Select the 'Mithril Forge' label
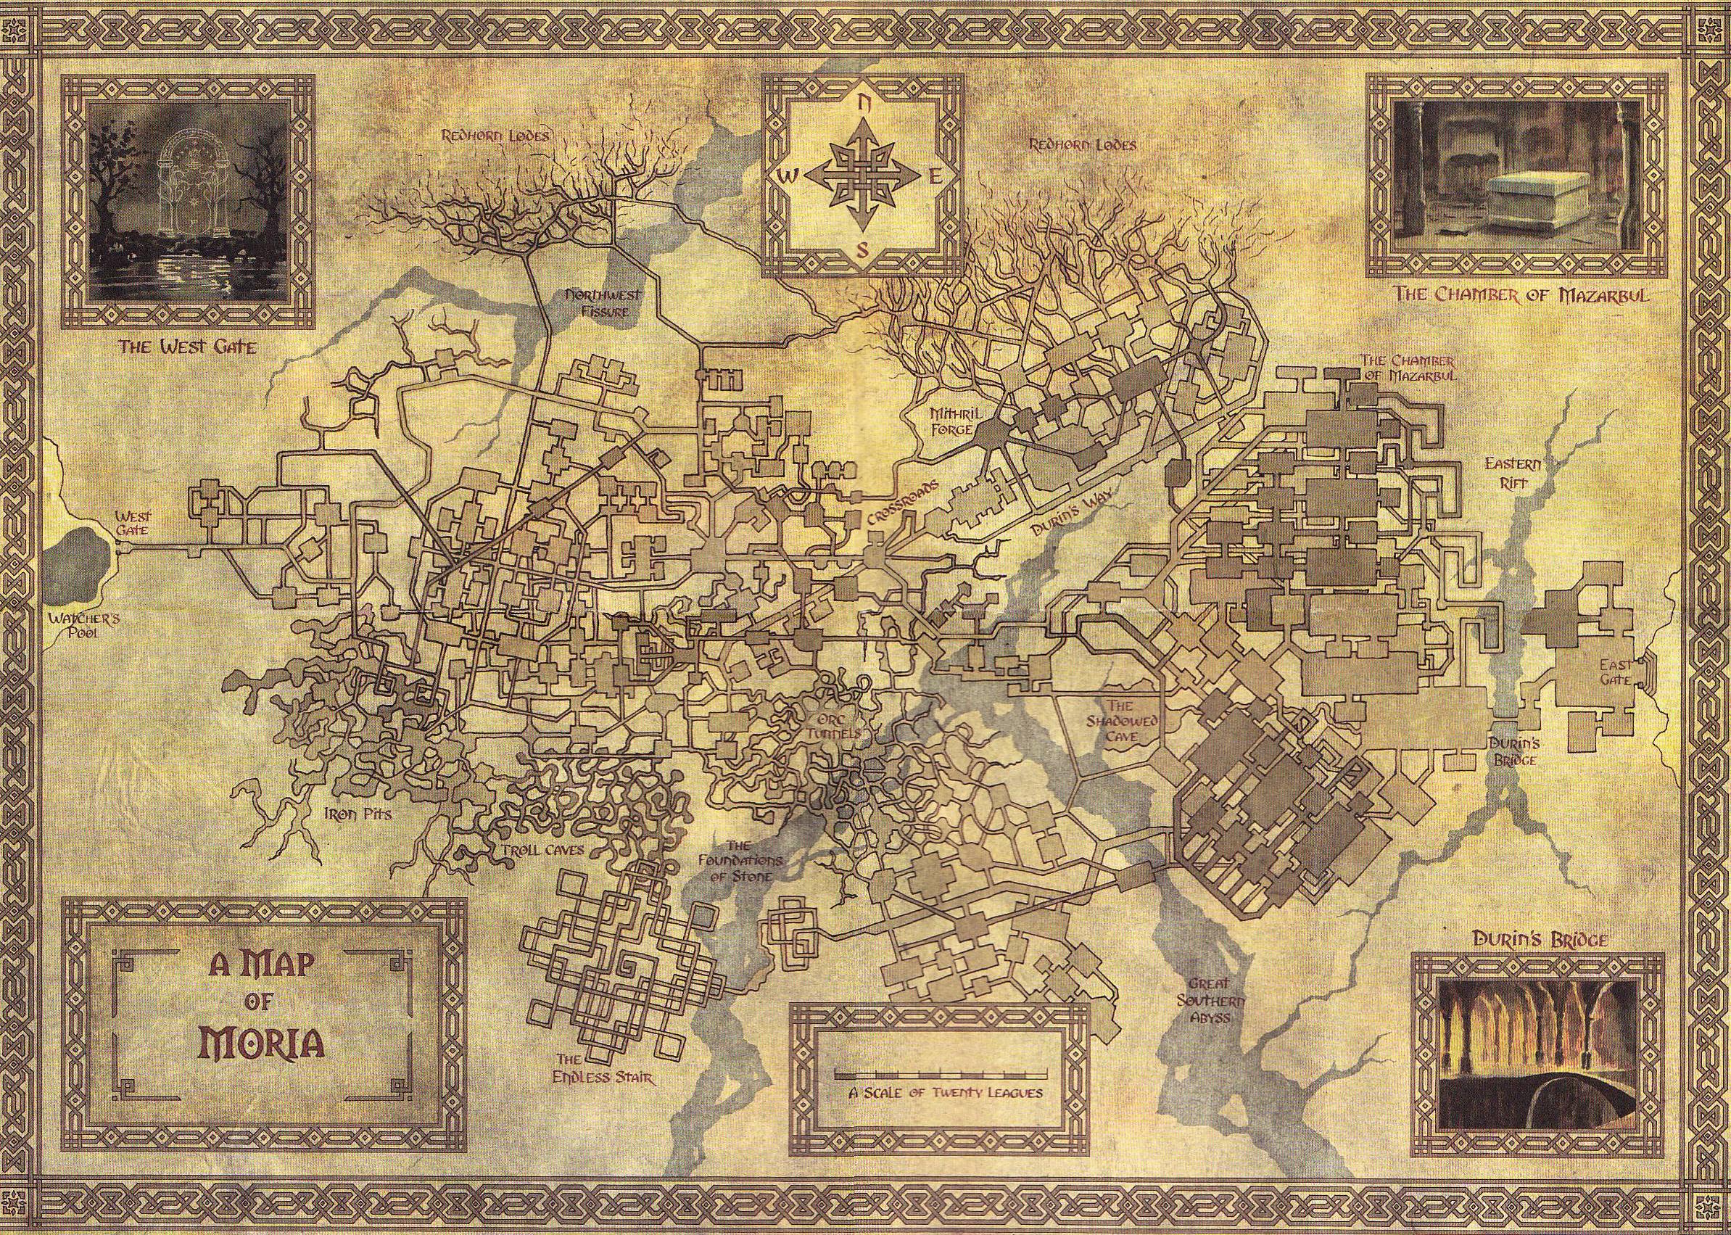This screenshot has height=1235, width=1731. pos(947,427)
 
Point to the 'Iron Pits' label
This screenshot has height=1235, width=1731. pos(346,814)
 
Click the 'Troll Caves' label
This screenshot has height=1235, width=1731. pos(537,849)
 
